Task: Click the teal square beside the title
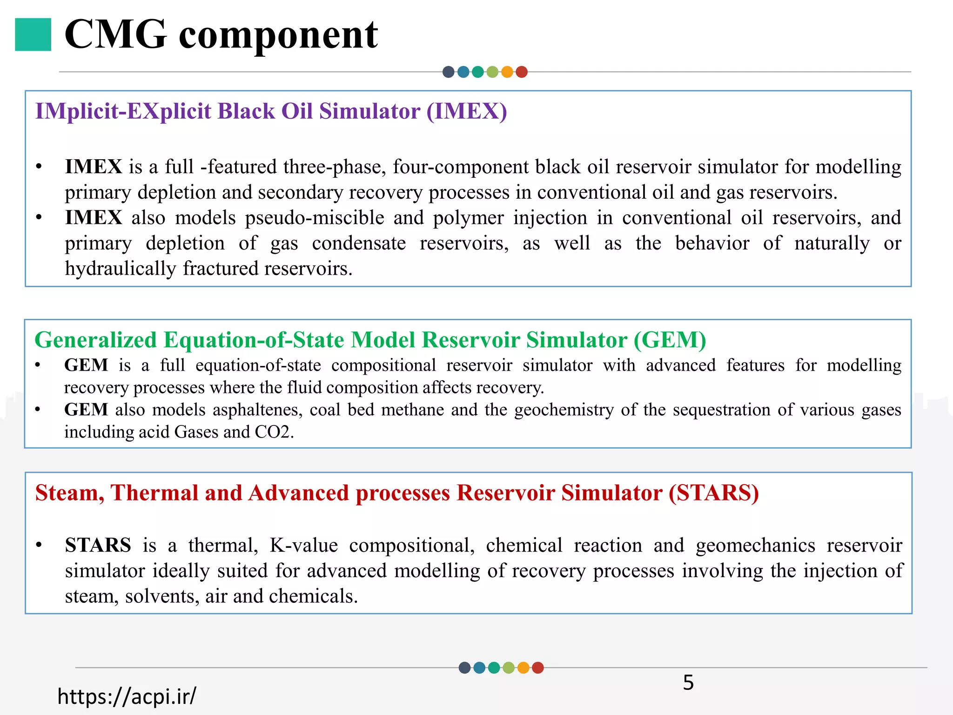click(33, 34)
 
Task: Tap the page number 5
click(688, 683)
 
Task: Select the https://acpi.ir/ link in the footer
click(127, 696)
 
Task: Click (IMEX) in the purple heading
click(467, 112)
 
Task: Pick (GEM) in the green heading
click(670, 340)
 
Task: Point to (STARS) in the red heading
click(713, 493)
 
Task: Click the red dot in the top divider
click(522, 72)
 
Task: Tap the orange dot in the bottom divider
click(523, 668)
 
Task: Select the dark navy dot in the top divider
click(448, 72)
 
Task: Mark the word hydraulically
click(120, 269)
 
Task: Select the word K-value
click(303, 546)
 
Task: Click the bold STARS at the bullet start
click(98, 546)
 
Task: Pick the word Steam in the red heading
click(69, 493)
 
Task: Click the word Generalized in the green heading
click(96, 340)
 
